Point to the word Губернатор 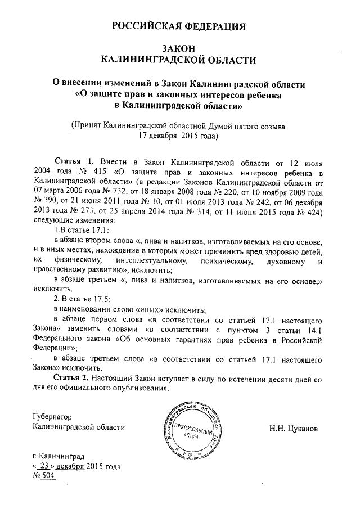(53, 417)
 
